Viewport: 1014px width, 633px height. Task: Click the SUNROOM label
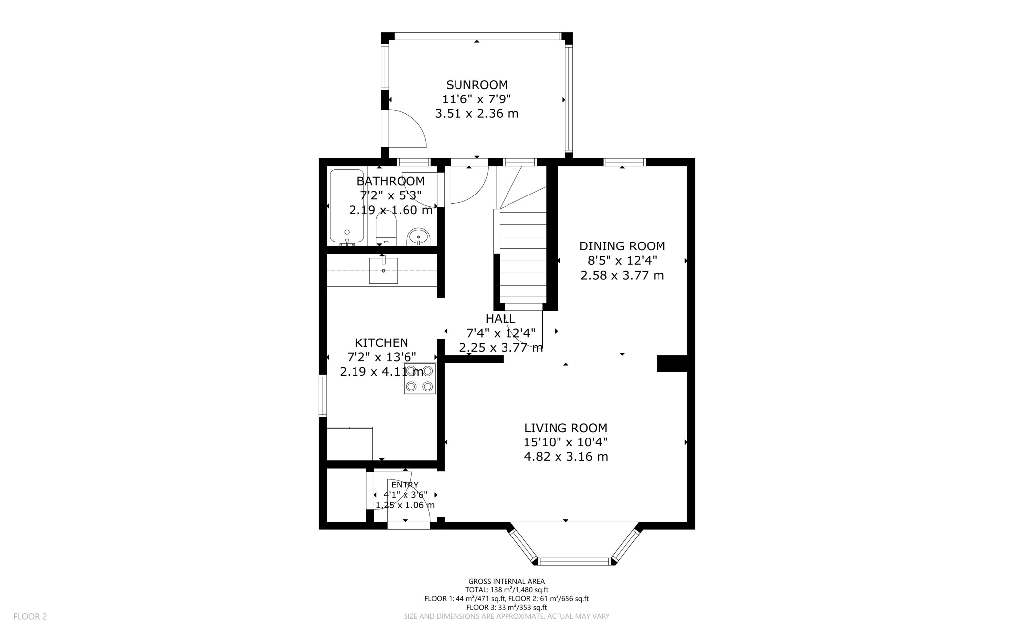(476, 85)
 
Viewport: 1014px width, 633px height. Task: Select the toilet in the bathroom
(386, 230)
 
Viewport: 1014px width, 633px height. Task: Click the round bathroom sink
(419, 238)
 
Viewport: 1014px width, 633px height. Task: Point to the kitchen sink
(383, 271)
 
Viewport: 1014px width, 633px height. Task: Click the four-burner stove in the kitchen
(419, 379)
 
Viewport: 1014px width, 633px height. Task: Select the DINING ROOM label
(622, 246)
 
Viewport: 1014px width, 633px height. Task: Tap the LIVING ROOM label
(565, 428)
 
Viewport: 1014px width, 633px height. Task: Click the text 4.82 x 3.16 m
(565, 456)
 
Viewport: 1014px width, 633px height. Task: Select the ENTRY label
(405, 485)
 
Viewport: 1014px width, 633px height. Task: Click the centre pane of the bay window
(575, 561)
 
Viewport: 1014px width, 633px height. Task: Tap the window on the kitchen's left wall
(323, 395)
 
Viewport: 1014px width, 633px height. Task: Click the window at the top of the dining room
(624, 162)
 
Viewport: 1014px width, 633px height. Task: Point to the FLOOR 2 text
(30, 616)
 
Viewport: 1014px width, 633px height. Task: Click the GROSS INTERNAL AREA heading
(506, 581)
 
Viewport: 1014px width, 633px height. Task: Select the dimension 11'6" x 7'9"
(476, 99)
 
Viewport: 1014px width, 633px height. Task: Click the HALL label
(500, 319)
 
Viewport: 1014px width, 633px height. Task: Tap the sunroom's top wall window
(478, 36)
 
